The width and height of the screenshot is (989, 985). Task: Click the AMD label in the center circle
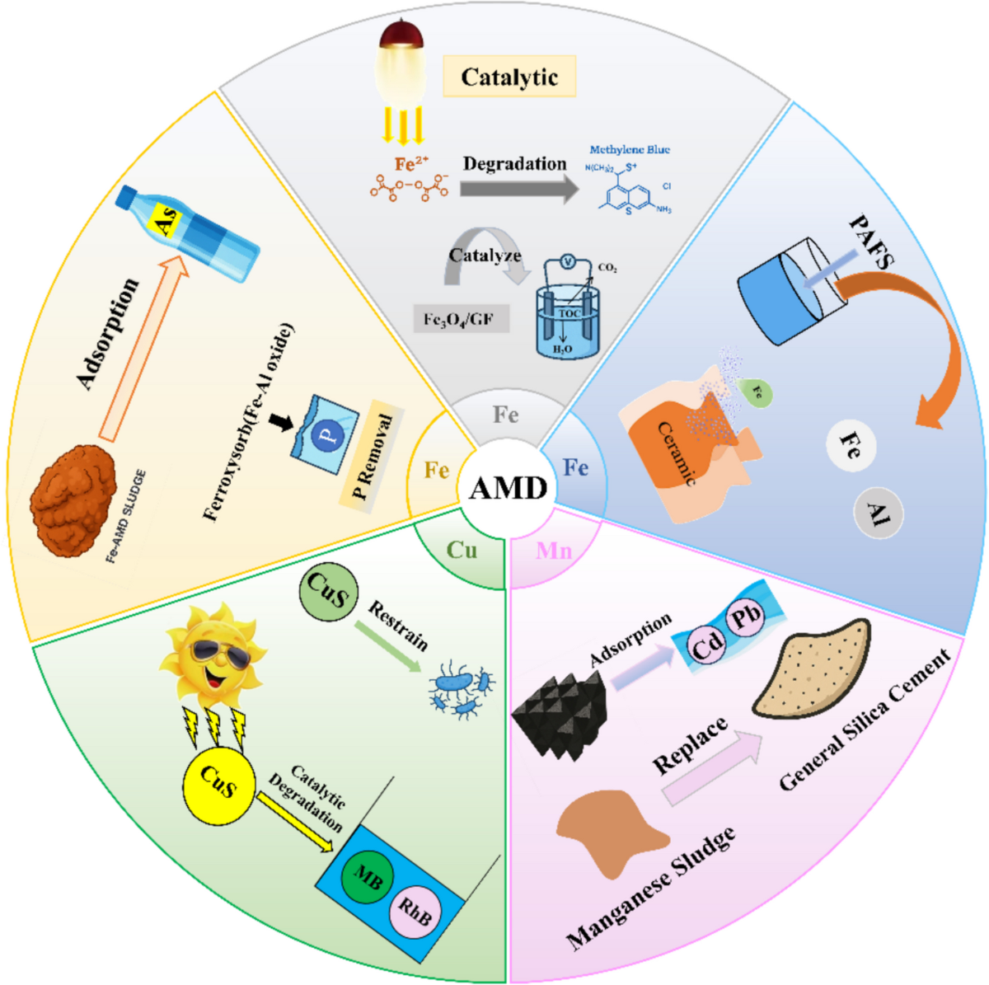[x=508, y=488]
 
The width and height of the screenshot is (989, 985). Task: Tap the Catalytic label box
[x=509, y=77]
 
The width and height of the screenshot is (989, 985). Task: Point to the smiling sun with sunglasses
[x=213, y=651]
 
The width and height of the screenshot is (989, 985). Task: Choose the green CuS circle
[x=328, y=591]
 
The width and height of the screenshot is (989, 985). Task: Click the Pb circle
[x=745, y=615]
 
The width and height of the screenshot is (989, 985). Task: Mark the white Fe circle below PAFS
[x=850, y=446]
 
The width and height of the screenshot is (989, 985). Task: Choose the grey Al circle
[x=878, y=514]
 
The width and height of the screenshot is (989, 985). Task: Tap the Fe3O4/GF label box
[x=460, y=318]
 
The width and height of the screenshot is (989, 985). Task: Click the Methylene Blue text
[x=630, y=149]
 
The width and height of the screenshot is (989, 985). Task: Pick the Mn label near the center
[x=553, y=551]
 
